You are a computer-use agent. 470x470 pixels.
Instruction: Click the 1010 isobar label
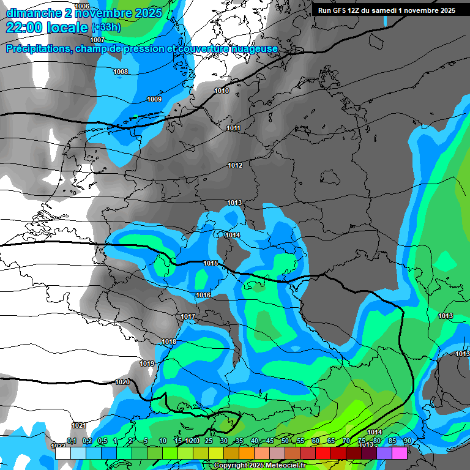pyautogui.click(x=222, y=91)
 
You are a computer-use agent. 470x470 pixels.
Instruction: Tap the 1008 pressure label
pyautogui.click(x=121, y=72)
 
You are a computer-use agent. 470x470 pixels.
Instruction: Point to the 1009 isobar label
pyautogui.click(x=154, y=100)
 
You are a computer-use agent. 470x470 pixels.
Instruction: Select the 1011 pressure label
pyautogui.click(x=233, y=129)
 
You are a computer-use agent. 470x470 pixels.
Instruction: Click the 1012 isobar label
pyautogui.click(x=235, y=166)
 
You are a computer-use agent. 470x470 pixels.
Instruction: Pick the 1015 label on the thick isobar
pyautogui.click(x=211, y=264)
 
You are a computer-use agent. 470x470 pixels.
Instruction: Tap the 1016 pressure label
pyautogui.click(x=203, y=296)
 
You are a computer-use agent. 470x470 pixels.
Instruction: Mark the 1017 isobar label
pyautogui.click(x=188, y=316)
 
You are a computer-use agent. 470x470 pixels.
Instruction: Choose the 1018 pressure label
pyautogui.click(x=169, y=342)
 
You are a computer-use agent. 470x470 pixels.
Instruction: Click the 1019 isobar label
pyautogui.click(x=147, y=364)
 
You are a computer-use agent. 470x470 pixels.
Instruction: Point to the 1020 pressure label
pyautogui.click(x=122, y=382)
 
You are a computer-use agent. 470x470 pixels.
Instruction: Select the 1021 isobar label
pyautogui.click(x=78, y=425)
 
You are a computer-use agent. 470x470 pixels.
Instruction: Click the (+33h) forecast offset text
pyautogui.click(x=106, y=28)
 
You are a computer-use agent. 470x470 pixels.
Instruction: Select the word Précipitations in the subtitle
pyautogui.click(x=37, y=49)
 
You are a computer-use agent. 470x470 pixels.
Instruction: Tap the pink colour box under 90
pyautogui.click(x=400, y=453)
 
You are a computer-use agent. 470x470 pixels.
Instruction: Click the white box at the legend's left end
pyautogui.click(x=62, y=453)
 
